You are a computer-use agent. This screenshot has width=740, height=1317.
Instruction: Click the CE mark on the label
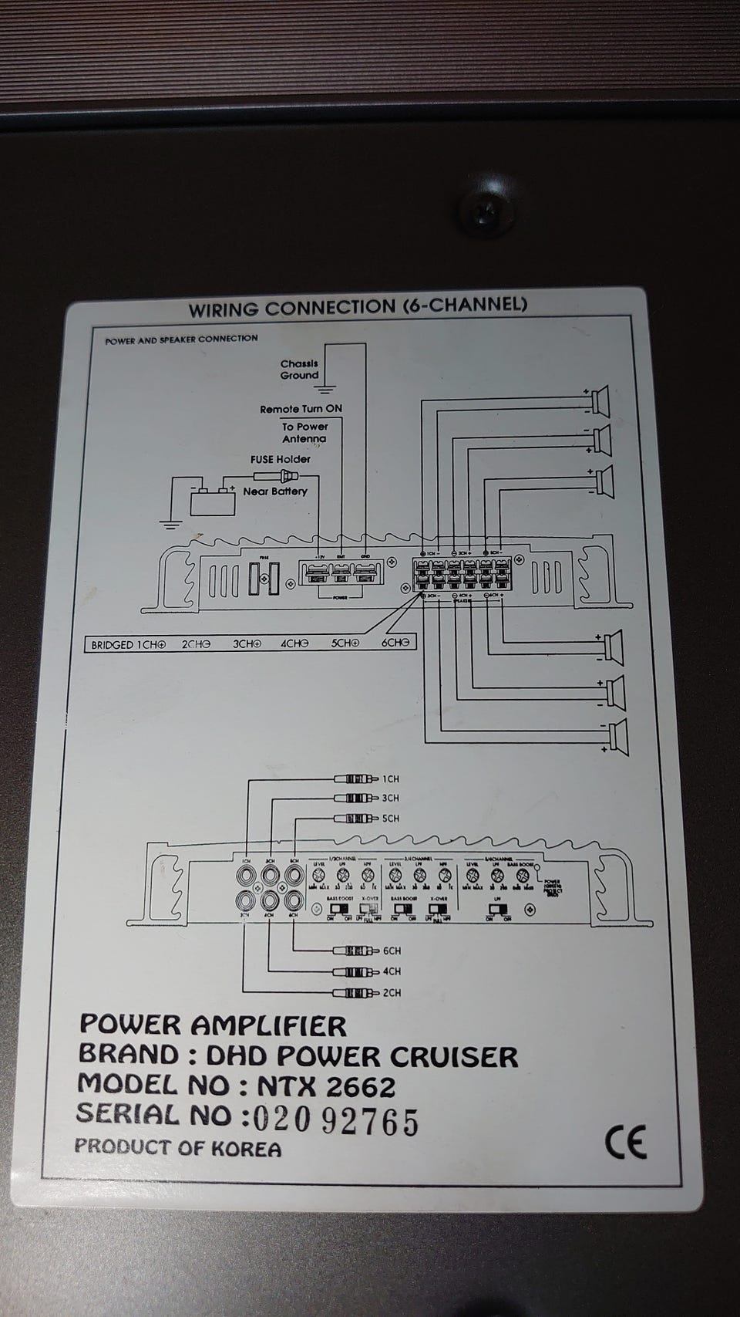(625, 1143)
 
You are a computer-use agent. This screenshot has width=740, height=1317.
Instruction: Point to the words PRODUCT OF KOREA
(178, 1147)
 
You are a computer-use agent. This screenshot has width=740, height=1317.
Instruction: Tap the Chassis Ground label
(299, 370)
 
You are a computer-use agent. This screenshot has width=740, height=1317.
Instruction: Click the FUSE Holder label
(281, 459)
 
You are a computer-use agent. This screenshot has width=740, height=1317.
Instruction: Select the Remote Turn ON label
(301, 409)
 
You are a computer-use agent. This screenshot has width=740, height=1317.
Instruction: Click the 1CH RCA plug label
(391, 779)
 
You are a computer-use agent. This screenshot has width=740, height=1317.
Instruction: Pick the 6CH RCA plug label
(392, 951)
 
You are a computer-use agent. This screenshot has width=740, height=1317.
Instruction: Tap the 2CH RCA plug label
(392, 992)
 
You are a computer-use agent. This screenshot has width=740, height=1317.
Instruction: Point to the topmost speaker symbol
(600, 399)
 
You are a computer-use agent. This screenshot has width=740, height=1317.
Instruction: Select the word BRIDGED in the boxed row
(113, 643)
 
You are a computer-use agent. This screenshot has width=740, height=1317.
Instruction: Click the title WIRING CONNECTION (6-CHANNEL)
(358, 306)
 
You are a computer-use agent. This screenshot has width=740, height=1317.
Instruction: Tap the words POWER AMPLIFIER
(214, 1025)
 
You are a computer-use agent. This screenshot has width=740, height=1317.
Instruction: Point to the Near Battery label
(275, 491)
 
